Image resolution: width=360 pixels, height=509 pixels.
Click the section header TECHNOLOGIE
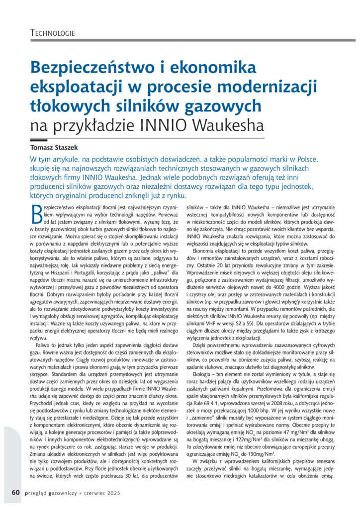[x=52, y=33]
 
